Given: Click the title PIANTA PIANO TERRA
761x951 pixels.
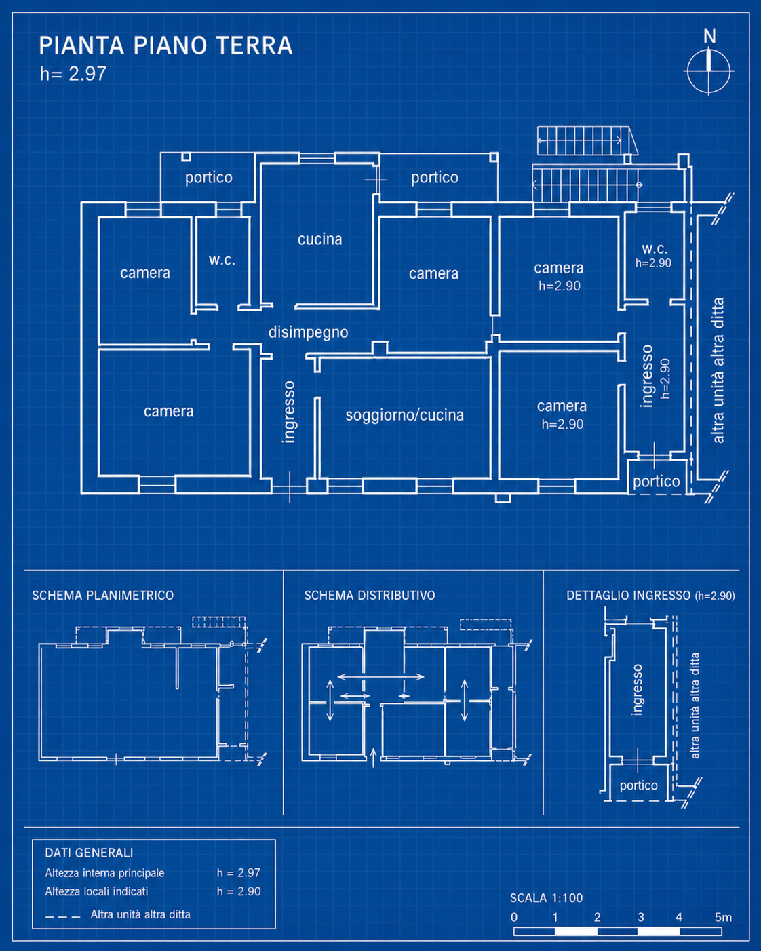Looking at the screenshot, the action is point(165,45).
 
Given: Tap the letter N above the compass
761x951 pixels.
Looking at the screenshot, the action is point(709,36).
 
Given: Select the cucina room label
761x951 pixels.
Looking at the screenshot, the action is point(319,239).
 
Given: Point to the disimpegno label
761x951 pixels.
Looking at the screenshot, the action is point(308,332).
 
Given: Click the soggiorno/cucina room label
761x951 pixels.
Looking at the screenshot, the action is point(404,415).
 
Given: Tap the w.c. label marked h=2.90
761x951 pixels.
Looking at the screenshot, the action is point(654,248).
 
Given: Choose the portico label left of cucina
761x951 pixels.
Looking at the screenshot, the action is point(209,178).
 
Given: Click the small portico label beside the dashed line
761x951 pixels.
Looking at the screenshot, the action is point(656,481).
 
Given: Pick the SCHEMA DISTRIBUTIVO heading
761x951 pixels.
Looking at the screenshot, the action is point(370,596).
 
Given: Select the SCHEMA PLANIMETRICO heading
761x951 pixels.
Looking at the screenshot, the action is point(102,596).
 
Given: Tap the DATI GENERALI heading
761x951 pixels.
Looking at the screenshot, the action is point(89,853).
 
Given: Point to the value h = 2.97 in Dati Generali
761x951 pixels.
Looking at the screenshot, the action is point(239,873).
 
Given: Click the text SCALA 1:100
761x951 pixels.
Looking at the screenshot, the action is point(546,898).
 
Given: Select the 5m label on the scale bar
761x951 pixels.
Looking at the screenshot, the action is point(723,917).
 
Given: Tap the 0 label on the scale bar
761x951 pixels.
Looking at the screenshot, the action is point(514,917).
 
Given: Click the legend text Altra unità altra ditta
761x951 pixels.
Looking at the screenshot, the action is point(140,914).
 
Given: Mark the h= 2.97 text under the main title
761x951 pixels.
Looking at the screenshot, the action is point(73,74).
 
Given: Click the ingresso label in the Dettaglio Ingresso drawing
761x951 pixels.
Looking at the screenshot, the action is point(636,689).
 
